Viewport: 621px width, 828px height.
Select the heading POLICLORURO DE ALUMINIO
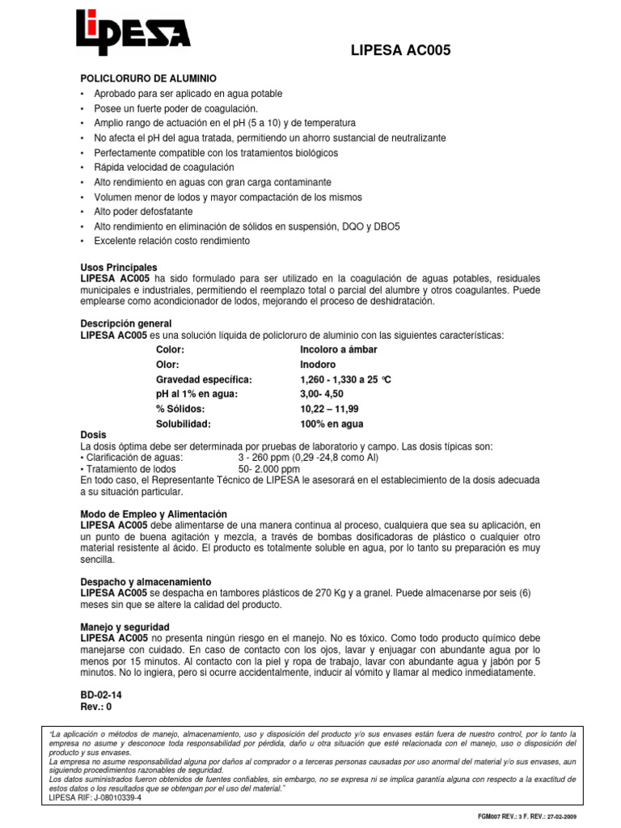click(x=148, y=78)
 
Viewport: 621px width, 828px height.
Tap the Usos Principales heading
click(x=119, y=267)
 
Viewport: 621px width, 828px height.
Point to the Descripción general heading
click(x=125, y=323)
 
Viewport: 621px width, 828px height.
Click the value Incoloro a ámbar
click(x=338, y=349)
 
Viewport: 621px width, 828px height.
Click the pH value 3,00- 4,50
click(x=327, y=395)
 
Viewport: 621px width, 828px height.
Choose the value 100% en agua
click(x=332, y=424)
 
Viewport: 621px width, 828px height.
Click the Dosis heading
click(x=93, y=435)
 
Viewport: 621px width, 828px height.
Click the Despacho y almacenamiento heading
click(x=146, y=581)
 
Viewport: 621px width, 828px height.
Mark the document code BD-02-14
click(x=102, y=694)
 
